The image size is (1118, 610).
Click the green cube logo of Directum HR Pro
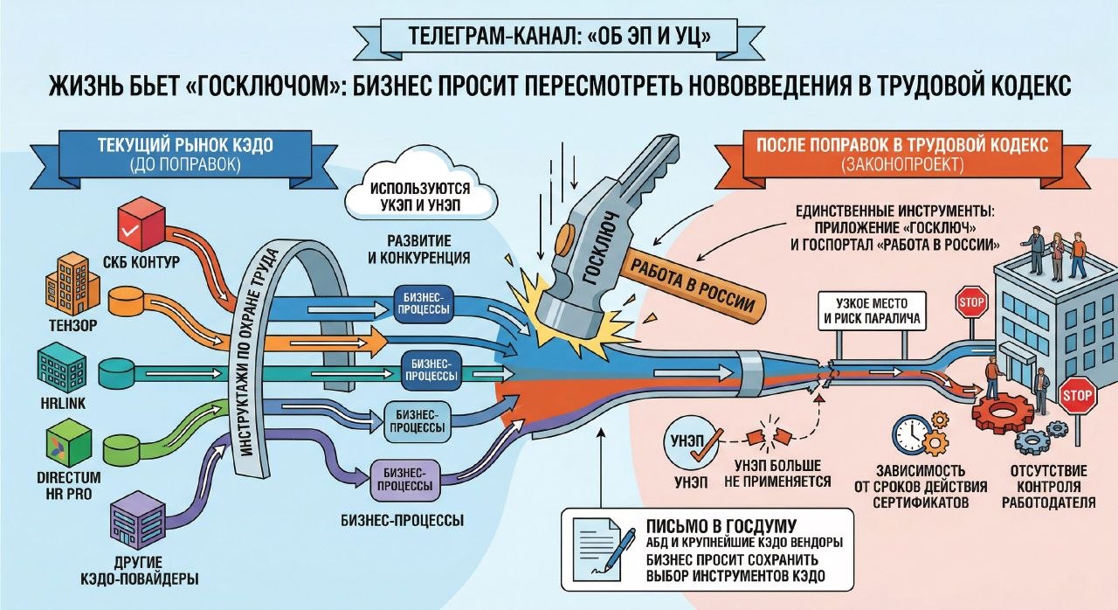65,442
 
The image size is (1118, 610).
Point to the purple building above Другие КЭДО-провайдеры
139,519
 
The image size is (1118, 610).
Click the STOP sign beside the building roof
971,304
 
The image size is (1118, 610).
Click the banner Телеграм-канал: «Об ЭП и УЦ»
558,38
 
